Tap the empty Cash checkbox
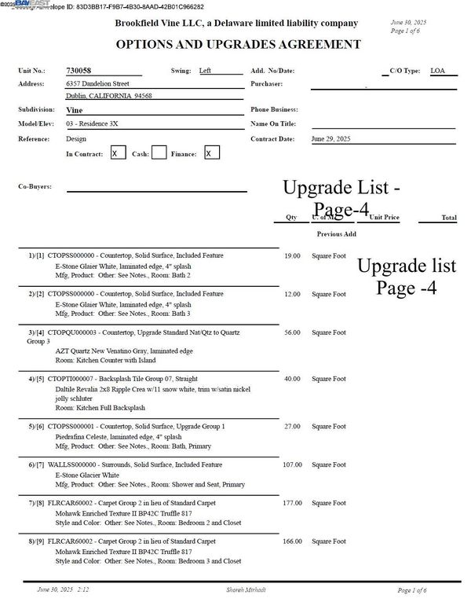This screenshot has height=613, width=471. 159,153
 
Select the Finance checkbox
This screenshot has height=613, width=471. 211,153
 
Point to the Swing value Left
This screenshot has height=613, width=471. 205,71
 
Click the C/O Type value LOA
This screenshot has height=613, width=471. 438,71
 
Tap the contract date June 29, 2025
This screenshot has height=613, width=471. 330,138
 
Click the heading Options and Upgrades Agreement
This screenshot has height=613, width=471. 239,45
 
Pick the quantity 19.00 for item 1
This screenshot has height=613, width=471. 292,255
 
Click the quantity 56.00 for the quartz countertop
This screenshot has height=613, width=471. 292,332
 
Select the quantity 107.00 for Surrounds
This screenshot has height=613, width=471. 291,464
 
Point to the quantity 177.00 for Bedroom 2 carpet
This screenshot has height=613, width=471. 291,503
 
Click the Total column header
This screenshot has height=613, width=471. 448,218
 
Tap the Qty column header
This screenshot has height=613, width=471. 291,218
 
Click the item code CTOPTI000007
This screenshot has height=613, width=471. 71,379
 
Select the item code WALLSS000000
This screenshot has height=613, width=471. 71,465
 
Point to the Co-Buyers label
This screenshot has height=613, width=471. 37,186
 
